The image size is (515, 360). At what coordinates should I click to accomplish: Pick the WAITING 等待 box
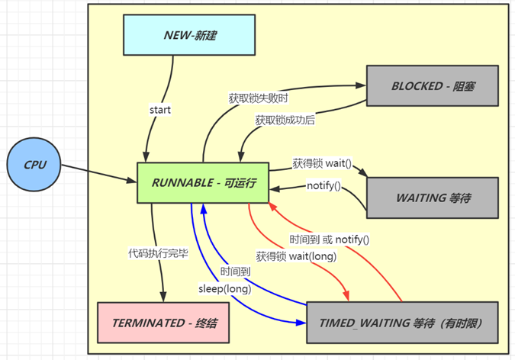(433, 198)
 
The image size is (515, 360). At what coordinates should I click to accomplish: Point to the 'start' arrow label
(160, 110)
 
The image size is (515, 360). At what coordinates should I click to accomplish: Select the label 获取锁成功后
(286, 120)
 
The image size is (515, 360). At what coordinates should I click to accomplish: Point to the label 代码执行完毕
(158, 252)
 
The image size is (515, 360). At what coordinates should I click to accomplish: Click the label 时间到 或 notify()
(330, 239)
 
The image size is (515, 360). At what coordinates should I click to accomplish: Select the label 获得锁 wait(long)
(296, 256)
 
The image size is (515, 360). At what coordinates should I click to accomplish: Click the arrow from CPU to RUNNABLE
(99, 175)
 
